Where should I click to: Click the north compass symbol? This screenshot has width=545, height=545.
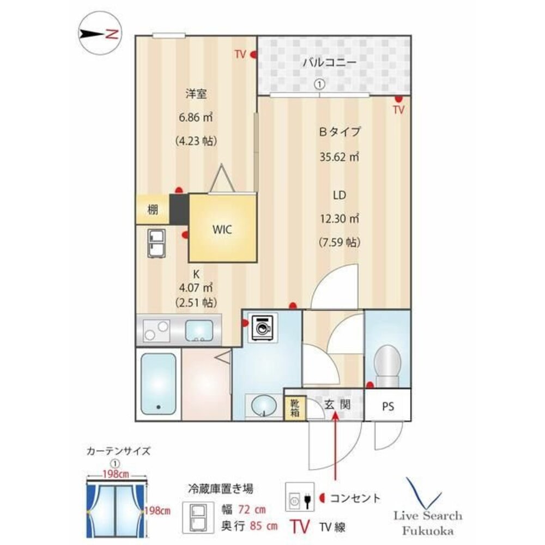tap(100, 34)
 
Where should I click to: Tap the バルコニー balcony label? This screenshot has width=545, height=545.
tap(329, 63)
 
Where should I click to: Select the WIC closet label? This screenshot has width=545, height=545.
tap(222, 229)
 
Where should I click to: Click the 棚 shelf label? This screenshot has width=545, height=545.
tap(153, 210)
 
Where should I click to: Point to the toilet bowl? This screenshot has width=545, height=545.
tap(387, 365)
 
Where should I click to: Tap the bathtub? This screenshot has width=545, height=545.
tap(158, 384)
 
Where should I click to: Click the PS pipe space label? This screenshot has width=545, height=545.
tap(388, 407)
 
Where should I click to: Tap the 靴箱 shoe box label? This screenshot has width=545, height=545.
tap(295, 408)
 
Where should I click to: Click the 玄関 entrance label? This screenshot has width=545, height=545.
tap(337, 404)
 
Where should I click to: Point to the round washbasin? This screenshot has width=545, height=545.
tap(264, 405)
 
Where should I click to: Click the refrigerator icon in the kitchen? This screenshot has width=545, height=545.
tap(156, 243)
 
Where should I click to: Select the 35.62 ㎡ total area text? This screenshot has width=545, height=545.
tap(339, 157)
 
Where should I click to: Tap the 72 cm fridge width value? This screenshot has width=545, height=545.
tap(252, 510)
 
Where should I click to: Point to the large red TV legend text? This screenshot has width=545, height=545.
tap(300, 526)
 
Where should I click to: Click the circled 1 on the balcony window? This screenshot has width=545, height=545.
tap(319, 84)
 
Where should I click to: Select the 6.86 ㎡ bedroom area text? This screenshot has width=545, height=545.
tap(195, 118)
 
